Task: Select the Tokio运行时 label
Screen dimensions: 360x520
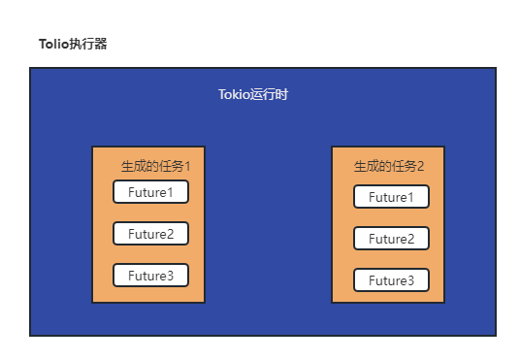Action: [253, 95]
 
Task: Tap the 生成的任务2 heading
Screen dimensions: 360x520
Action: [388, 166]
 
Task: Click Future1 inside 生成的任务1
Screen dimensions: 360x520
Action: [150, 192]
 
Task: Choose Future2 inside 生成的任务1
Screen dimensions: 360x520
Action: [150, 234]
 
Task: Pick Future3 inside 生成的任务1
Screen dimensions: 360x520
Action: [150, 276]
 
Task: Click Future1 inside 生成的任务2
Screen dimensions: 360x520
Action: [391, 198]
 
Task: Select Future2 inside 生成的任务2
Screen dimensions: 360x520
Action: [391, 239]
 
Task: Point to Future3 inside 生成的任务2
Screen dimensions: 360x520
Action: [391, 280]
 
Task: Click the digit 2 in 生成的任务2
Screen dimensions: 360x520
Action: [420, 166]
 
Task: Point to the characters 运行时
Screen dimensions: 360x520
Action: [270, 95]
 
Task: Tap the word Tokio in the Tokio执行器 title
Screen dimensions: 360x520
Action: [52, 45]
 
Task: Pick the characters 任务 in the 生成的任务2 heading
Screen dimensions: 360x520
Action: [403, 166]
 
